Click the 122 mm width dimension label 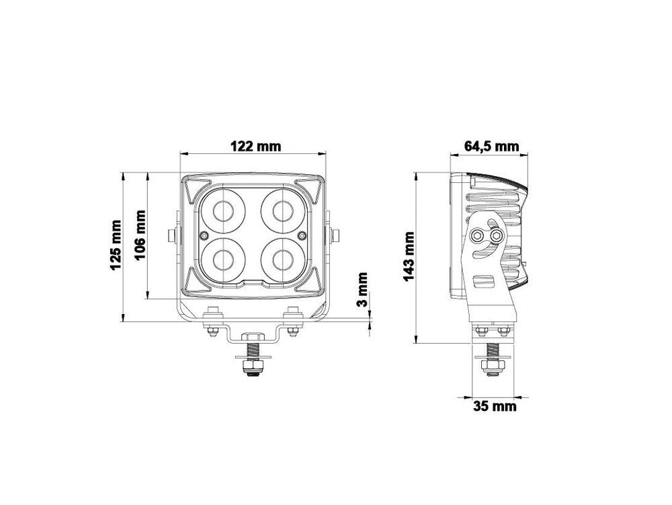pyautogui.click(x=256, y=146)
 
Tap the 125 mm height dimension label pyautogui.click(x=116, y=245)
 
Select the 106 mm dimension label pyautogui.click(x=140, y=235)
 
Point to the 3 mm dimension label pyautogui.click(x=363, y=289)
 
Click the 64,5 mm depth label pyautogui.click(x=492, y=146)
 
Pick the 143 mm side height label pyautogui.click(x=409, y=257)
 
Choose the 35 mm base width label pyautogui.click(x=495, y=405)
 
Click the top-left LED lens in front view pyautogui.click(x=223, y=211)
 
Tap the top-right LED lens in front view pyautogui.click(x=283, y=211)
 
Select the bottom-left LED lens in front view pyautogui.click(x=223, y=260)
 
